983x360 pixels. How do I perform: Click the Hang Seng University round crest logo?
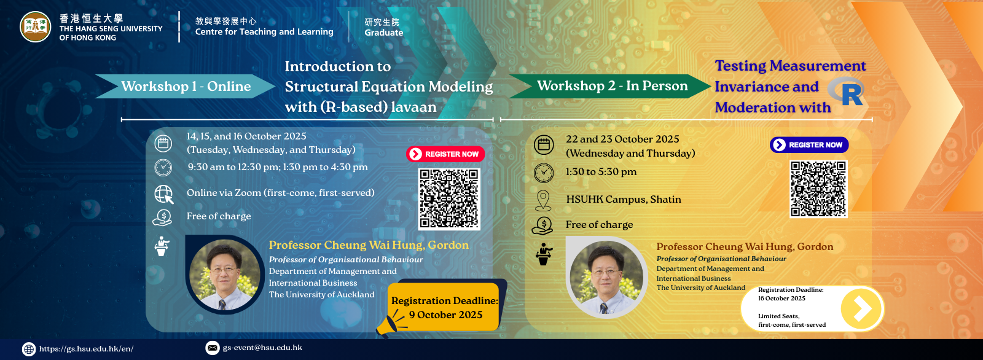pyautogui.click(x=36, y=27)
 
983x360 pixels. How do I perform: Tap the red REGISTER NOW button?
pyautogui.click(x=445, y=154)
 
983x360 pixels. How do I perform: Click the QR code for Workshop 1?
pyautogui.click(x=449, y=199)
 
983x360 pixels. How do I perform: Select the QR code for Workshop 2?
pyautogui.click(x=818, y=189)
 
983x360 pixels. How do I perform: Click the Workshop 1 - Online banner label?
pyautogui.click(x=186, y=86)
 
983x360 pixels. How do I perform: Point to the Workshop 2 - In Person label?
pyautogui.click(x=612, y=85)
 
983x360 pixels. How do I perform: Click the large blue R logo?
pyautogui.click(x=847, y=92)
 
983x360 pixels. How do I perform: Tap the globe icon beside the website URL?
pyautogui.click(x=29, y=349)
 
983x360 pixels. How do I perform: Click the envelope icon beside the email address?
pyautogui.click(x=213, y=348)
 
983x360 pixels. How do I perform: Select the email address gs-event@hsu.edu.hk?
pyautogui.click(x=262, y=348)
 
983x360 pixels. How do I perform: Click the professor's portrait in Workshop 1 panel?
pyautogui.click(x=225, y=275)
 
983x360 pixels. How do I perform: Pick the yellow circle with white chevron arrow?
pyautogui.click(x=861, y=308)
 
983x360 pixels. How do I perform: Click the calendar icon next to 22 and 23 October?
pyautogui.click(x=544, y=144)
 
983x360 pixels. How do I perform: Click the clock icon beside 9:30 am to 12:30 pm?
pyautogui.click(x=163, y=168)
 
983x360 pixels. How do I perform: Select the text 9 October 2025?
pyautogui.click(x=445, y=315)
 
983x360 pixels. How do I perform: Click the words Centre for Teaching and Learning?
pyautogui.click(x=264, y=31)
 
